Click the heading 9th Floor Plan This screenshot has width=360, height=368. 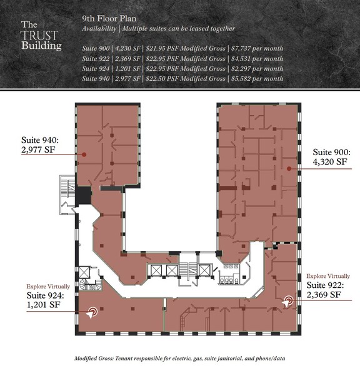click(x=109, y=19)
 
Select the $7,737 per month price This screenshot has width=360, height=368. click(x=257, y=48)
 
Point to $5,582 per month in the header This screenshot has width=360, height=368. click(x=257, y=78)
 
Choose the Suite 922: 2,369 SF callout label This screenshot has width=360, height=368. click(x=323, y=289)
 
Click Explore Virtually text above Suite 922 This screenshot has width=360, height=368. click(x=327, y=275)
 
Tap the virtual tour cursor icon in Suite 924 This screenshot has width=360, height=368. click(x=92, y=311)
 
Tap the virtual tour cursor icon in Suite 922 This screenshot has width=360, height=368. click(x=287, y=302)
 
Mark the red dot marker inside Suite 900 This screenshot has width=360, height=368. click(x=288, y=168)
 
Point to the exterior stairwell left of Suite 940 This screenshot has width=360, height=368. click(x=64, y=192)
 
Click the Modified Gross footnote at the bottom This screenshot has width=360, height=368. click(x=180, y=359)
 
